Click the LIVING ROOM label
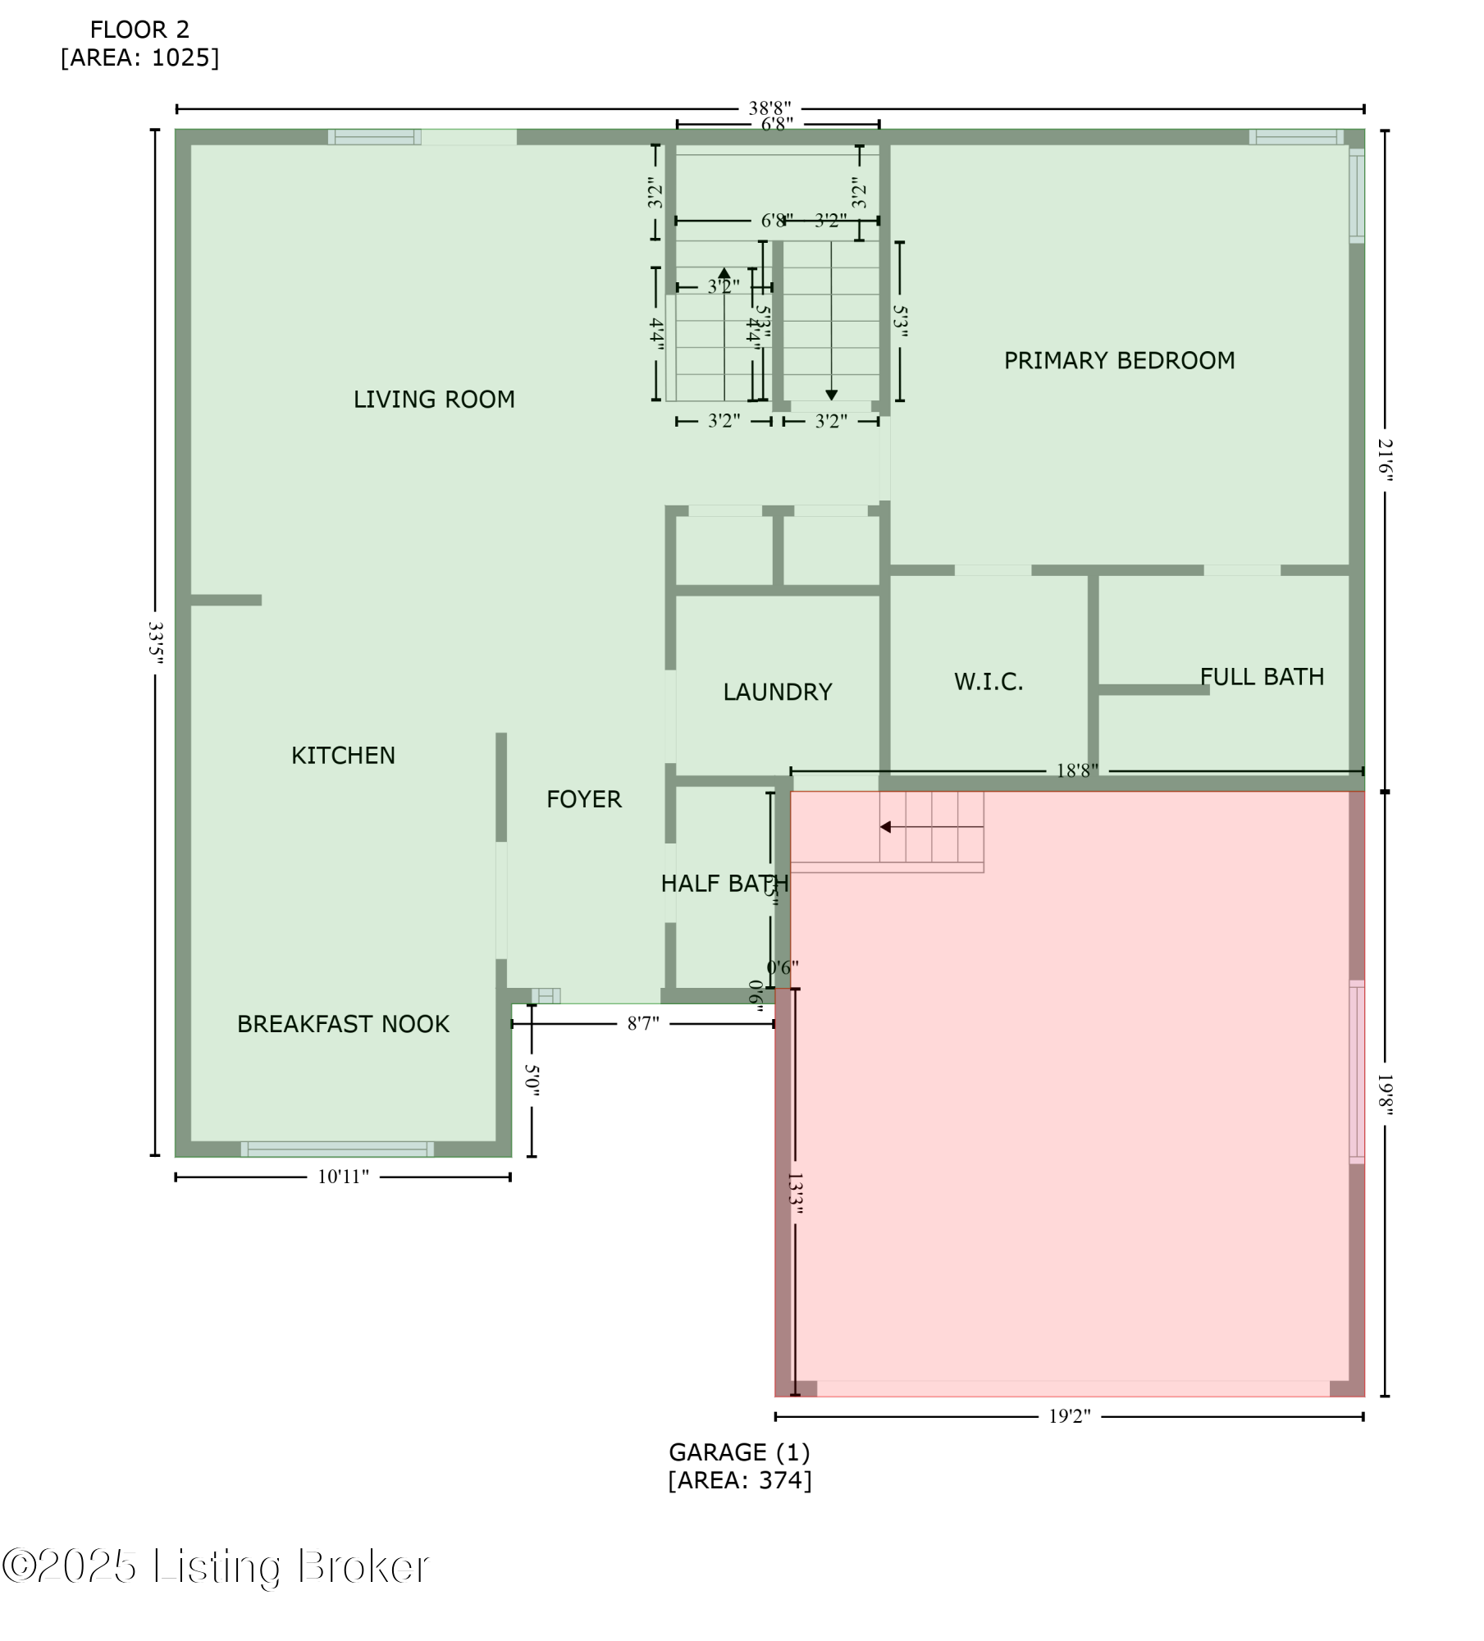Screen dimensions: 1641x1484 [434, 400]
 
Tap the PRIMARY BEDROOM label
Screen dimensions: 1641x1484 [1119, 361]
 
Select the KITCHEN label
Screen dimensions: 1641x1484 [343, 756]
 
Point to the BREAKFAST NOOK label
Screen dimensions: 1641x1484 [343, 1025]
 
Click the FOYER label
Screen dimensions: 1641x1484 [584, 799]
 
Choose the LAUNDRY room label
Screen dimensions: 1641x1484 [777, 693]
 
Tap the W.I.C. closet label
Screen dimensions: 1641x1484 [989, 683]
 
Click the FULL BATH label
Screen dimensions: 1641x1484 [1262, 677]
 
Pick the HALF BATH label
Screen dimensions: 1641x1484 [724, 884]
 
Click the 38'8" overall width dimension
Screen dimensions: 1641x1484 [769, 108]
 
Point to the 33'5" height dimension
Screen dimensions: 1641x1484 [155, 642]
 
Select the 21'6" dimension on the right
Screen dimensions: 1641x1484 [1385, 459]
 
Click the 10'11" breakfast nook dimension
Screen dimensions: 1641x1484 [343, 1177]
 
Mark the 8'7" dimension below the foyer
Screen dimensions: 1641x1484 [643, 1024]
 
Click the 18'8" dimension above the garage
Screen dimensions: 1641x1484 [1076, 770]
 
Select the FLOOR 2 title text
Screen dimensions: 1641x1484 [139, 30]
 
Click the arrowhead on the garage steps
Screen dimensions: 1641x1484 [885, 827]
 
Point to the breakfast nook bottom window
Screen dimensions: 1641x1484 [337, 1149]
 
